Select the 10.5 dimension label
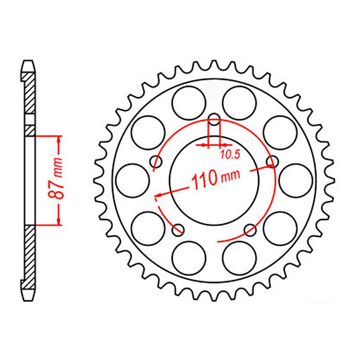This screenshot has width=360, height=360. pos(226,154)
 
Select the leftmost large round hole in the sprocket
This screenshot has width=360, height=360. pos(132,179)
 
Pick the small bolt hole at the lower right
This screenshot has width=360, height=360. pos(249,228)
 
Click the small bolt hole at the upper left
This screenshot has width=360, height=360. pos(156,162)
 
